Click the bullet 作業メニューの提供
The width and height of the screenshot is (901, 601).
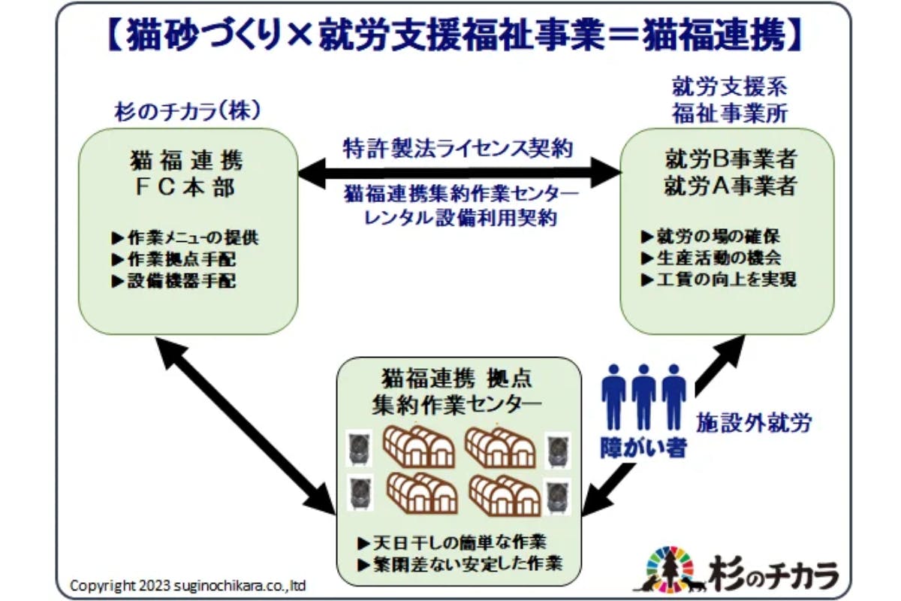[185, 238]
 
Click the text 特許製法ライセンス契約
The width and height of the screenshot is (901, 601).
[458, 146]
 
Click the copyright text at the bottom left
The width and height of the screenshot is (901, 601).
[188, 584]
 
